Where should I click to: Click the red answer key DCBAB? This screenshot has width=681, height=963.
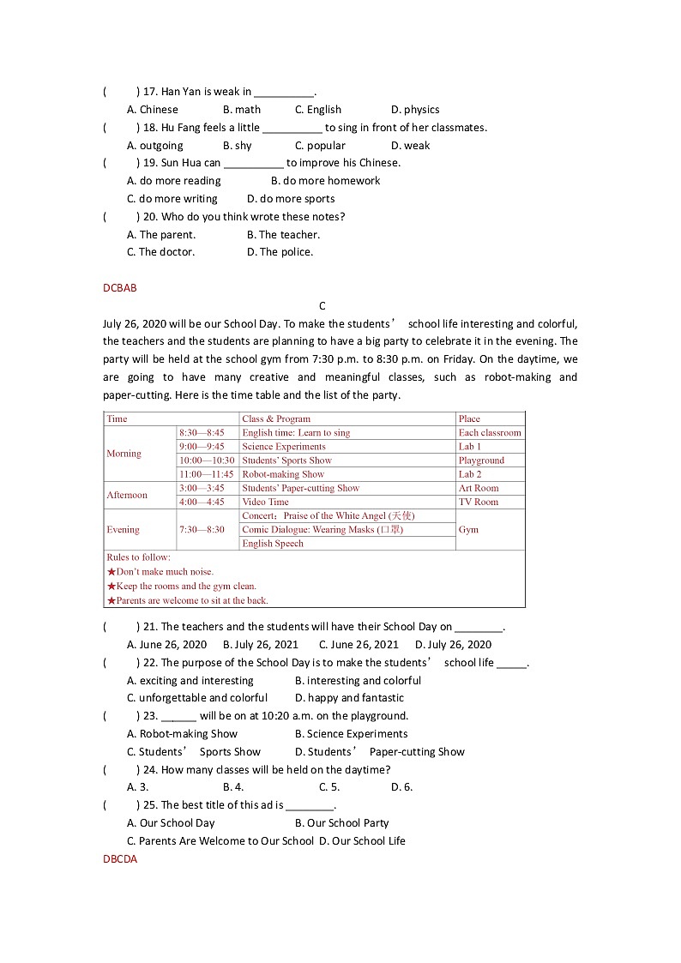tap(119, 288)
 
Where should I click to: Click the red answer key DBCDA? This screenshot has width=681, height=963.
tap(119, 858)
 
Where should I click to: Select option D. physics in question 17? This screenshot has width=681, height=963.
tap(415, 110)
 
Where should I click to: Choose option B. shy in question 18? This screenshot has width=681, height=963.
tap(237, 146)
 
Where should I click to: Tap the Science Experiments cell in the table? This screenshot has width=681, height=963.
tap(284, 447)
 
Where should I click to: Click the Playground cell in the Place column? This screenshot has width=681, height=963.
tap(481, 460)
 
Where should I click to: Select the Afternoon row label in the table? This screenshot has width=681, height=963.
tap(127, 495)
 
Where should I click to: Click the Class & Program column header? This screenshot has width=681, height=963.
tap(276, 419)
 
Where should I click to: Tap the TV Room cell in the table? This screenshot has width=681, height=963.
tap(478, 502)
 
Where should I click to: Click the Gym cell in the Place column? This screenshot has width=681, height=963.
tap(468, 530)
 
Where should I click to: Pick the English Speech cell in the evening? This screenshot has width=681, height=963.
tap(273, 544)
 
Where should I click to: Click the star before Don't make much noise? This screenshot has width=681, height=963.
tap(111, 572)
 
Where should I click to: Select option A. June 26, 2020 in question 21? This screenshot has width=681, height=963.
tap(166, 645)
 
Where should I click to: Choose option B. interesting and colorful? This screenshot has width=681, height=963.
tap(358, 681)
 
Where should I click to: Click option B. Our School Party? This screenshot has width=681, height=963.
tap(341, 823)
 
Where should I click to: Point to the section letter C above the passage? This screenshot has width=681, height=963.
tap(322, 306)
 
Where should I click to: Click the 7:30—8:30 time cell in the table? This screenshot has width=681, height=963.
tap(202, 530)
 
